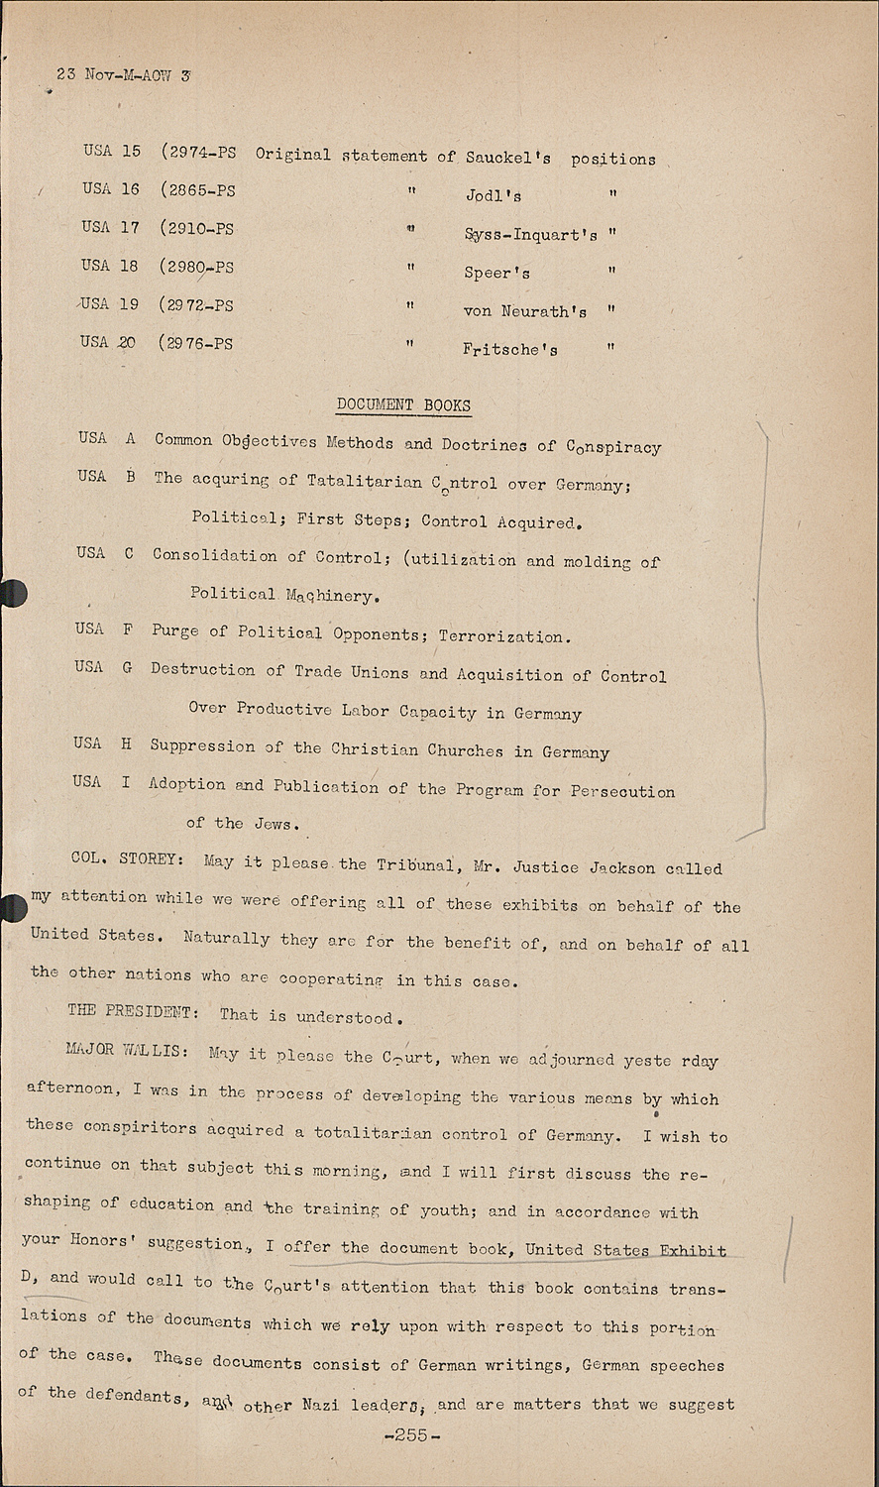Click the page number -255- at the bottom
(x=410, y=1435)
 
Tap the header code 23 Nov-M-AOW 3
(x=124, y=74)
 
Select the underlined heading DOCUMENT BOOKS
(x=403, y=404)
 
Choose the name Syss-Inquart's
(x=530, y=235)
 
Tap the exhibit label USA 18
(x=110, y=266)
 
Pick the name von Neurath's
(x=524, y=311)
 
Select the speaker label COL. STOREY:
(x=126, y=858)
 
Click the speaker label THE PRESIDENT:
(x=133, y=1011)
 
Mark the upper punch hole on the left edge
(x=11, y=593)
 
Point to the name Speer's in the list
(x=496, y=273)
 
